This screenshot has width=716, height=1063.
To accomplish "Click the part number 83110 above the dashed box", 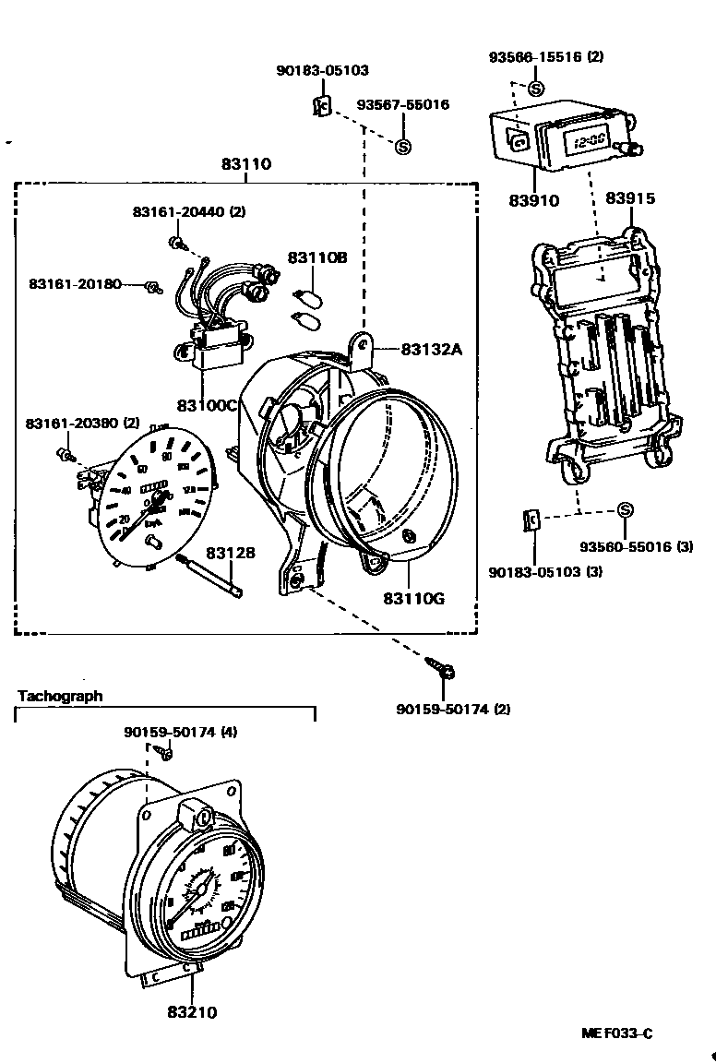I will tap(245, 165).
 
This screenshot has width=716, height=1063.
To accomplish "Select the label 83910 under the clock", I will tap(533, 200).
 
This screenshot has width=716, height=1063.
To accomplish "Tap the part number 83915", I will tap(631, 198).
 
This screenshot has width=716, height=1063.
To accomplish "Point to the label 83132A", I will tap(430, 349).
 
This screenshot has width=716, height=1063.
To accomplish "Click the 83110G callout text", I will tap(413, 598).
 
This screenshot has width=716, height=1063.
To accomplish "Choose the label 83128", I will tap(231, 553).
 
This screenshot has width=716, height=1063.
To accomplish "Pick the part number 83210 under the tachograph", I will tap(192, 1012).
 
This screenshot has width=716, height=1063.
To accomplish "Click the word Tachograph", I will tap(61, 697).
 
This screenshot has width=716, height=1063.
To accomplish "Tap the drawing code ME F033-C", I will tap(616, 1033).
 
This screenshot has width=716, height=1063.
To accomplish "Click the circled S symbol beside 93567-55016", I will tap(402, 146).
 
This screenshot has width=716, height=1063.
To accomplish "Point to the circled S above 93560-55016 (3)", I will tap(625, 510).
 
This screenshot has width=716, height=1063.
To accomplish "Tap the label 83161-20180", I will tap(75, 283).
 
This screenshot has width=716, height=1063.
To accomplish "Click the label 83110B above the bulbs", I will tap(317, 257).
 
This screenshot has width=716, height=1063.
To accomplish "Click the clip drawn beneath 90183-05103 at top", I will tap(321, 107).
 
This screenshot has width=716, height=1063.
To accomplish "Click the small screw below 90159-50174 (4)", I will tap(167, 753).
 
